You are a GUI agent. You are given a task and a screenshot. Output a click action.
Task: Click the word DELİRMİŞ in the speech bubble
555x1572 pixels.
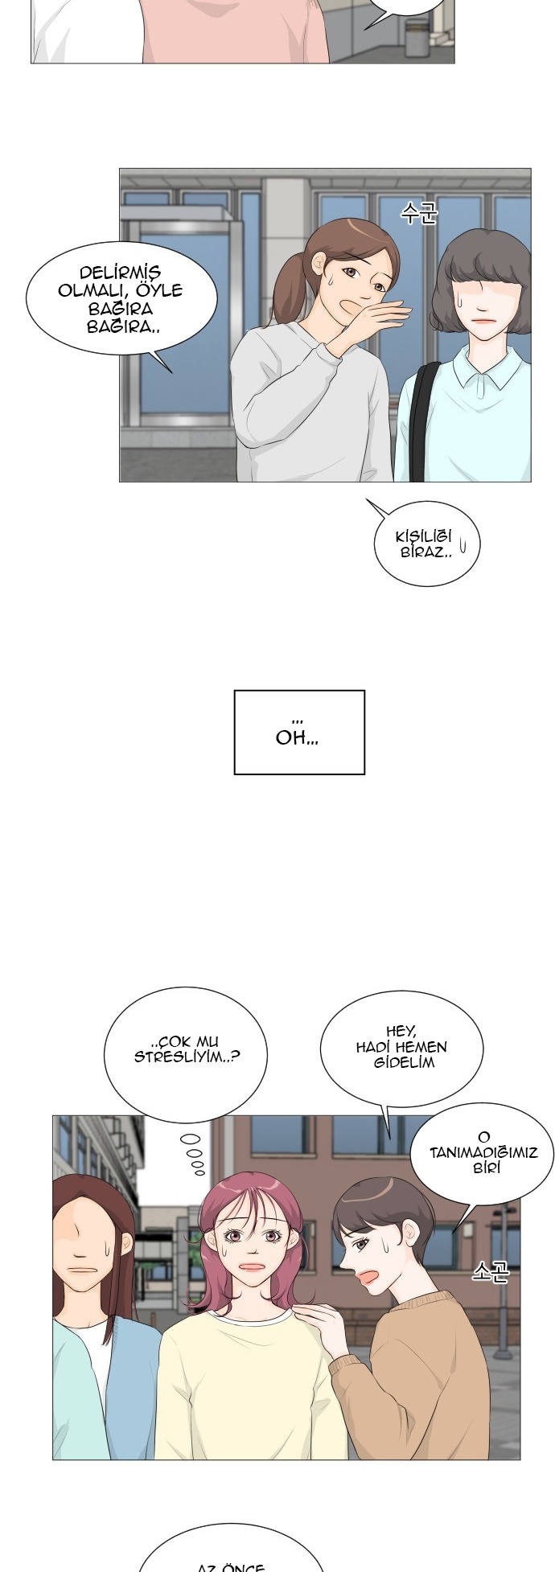tap(120, 273)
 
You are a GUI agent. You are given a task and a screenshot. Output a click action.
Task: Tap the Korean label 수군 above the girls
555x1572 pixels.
tap(418, 213)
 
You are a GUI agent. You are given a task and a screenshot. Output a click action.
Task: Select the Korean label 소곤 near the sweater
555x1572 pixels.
tap(490, 1270)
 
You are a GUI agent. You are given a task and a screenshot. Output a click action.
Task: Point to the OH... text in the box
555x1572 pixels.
tap(297, 738)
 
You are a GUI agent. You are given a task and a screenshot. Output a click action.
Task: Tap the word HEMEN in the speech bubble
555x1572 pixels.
tap(421, 1047)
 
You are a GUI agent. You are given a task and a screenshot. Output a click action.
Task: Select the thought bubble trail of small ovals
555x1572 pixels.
tap(193, 1154)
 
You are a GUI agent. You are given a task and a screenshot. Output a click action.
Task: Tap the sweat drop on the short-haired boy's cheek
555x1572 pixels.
tap(388, 1247)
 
